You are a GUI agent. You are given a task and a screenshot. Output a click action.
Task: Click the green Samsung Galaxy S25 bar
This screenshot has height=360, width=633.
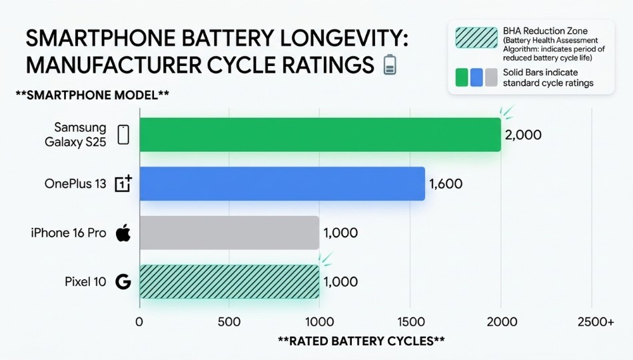320,135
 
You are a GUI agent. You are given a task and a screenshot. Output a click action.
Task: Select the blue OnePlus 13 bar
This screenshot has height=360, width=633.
282,183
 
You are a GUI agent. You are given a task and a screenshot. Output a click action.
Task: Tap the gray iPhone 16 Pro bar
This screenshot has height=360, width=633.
229,233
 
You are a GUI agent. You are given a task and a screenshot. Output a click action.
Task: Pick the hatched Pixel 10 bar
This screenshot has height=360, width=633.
229,281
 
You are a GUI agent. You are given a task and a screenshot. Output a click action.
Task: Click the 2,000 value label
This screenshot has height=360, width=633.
523,135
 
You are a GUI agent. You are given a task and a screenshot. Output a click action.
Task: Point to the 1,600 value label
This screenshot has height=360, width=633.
446,184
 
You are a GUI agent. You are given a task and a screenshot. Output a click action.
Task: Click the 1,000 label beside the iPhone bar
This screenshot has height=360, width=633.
340,233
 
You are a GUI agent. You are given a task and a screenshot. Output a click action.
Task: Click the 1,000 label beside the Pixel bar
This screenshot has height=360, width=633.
340,282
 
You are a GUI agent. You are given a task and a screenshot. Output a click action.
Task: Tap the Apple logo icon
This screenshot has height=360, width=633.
123,233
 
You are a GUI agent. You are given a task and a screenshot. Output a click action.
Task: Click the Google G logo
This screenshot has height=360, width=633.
123,282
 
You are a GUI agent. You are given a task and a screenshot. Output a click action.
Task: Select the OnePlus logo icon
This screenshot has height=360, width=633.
123,184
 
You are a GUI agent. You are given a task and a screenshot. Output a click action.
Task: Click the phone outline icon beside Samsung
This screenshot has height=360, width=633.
123,135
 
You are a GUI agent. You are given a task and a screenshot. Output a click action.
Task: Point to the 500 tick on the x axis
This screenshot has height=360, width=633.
229,322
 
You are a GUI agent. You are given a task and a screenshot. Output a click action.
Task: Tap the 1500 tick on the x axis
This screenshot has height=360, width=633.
410,322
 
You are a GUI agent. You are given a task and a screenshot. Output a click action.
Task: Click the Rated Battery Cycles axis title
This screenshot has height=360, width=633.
361,341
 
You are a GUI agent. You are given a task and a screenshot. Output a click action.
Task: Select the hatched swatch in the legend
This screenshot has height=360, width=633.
476,38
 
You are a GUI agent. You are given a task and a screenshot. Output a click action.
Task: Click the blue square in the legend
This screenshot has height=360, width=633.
476,77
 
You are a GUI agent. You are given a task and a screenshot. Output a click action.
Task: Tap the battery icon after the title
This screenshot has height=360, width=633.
390,65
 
